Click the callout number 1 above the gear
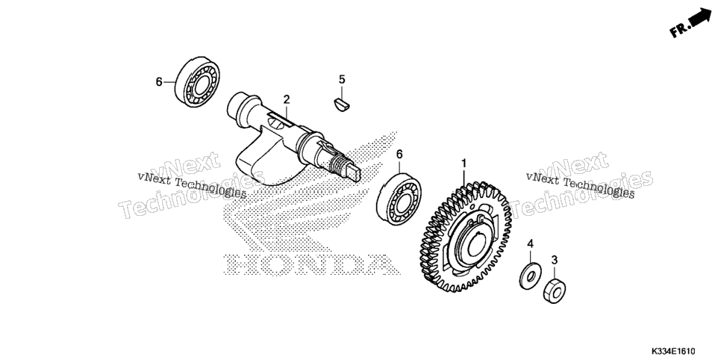pyautogui.click(x=464, y=164)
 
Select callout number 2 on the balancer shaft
pyautogui.click(x=287, y=99)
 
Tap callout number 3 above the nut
pyautogui.click(x=555, y=260)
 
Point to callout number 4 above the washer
pyautogui.click(x=530, y=244)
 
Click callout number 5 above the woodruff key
pyautogui.click(x=342, y=80)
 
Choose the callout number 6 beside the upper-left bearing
pyautogui.click(x=159, y=82)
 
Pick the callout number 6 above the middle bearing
pyautogui.click(x=399, y=154)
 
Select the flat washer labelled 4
pyautogui.click(x=530, y=276)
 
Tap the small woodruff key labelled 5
pyautogui.click(x=342, y=104)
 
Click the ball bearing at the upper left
pyautogui.click(x=198, y=83)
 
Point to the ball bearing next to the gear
pyautogui.click(x=399, y=199)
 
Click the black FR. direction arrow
pyautogui.click(x=702, y=19)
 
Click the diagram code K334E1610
pyautogui.click(x=672, y=351)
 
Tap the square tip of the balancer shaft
pyautogui.click(x=356, y=173)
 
